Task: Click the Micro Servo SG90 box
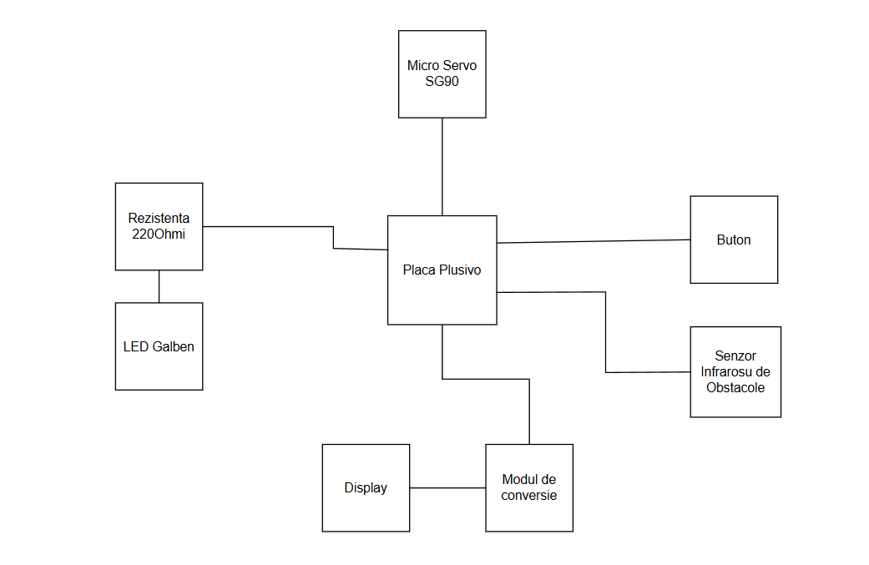442,96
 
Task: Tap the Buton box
734,259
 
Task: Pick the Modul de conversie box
529,513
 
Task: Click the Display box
366,509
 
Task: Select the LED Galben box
159,367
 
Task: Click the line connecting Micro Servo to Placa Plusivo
442,167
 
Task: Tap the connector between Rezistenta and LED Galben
159,286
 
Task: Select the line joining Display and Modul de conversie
447,488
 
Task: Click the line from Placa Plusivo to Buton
593,241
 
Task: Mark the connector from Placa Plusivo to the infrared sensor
605,334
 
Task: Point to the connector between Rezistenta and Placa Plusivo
267,226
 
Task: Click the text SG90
442,81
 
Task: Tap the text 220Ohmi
159,234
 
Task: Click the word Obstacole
735,387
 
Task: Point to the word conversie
529,495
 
